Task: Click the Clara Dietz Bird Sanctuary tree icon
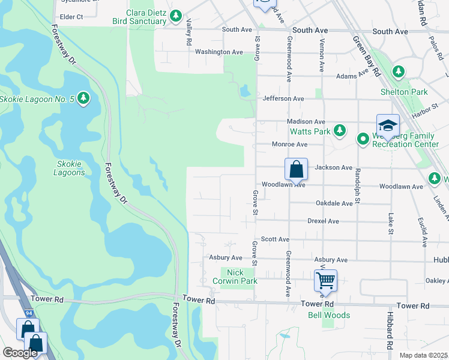point(175,16)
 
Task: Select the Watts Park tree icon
point(340,130)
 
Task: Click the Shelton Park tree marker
point(398,73)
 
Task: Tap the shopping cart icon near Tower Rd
point(325,280)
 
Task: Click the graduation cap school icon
point(388,125)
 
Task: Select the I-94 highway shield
point(29,314)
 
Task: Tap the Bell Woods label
point(329,315)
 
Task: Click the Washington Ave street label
point(218,52)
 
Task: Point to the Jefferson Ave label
point(283,98)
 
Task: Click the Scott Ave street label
point(276,239)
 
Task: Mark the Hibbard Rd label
point(390,331)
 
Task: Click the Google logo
point(20,353)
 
